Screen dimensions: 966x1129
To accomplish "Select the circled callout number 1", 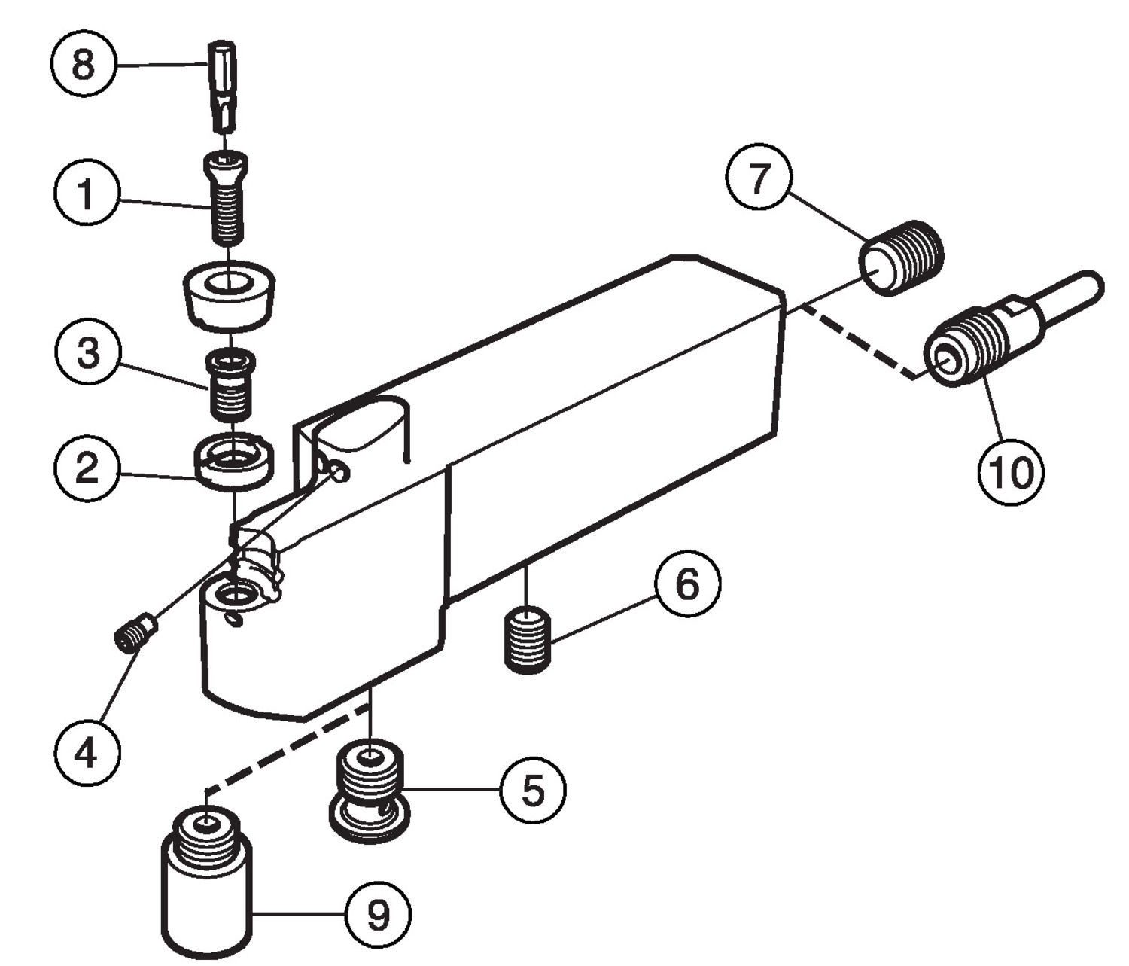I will pyautogui.click(x=87, y=193).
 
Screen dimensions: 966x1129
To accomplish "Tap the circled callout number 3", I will pyautogui.click(x=88, y=353).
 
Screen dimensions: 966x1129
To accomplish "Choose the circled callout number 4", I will pyautogui.click(x=87, y=752).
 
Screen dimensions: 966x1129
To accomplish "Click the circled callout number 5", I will pyautogui.click(x=533, y=790).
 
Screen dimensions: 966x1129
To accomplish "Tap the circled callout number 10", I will pyautogui.click(x=1010, y=472).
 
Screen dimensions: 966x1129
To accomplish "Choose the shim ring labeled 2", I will pyautogui.click(x=233, y=462).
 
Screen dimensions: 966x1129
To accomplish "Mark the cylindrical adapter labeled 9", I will pyautogui.click(x=206, y=885).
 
